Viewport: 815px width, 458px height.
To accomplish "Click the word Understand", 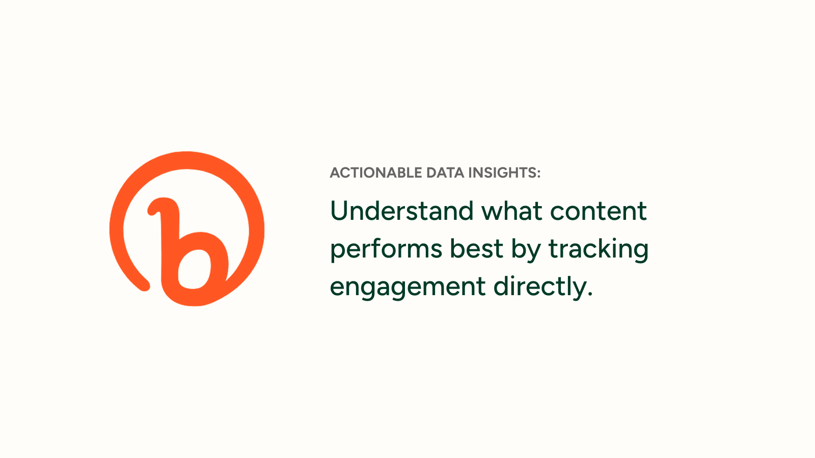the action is point(402,211).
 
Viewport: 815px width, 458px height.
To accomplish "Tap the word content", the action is point(599,212).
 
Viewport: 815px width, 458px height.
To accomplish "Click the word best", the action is point(476,249).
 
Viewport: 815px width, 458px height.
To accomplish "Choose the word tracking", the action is point(599,250).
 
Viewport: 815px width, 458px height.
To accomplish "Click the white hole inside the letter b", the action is point(194,269).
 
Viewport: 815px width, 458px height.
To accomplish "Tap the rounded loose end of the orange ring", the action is point(144,285).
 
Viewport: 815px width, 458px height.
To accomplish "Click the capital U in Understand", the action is point(340,211).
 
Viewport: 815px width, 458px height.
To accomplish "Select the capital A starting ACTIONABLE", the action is point(335,173).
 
